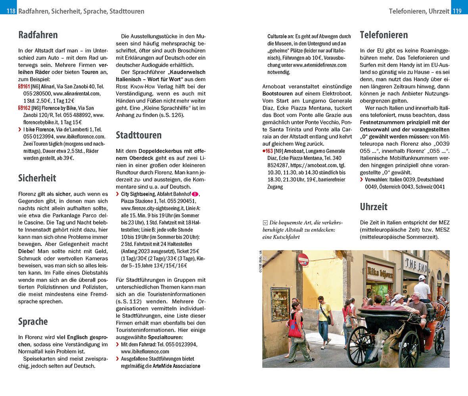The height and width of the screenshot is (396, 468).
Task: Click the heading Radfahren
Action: (38, 35)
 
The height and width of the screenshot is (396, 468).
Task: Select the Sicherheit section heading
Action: (37, 178)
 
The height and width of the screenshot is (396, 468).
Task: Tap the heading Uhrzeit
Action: (374, 206)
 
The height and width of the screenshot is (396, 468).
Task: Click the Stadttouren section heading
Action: (138, 135)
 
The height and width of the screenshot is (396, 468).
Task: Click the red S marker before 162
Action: (21, 108)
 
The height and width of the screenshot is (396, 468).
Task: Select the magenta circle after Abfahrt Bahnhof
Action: (195, 194)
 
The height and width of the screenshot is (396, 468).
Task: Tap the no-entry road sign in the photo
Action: (303, 259)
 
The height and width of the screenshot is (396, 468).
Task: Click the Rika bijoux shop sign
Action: (380, 271)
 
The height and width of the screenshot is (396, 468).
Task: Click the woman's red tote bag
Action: (295, 328)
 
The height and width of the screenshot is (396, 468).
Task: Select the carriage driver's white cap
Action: (422, 278)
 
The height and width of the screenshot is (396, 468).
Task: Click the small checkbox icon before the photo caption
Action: (265, 223)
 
